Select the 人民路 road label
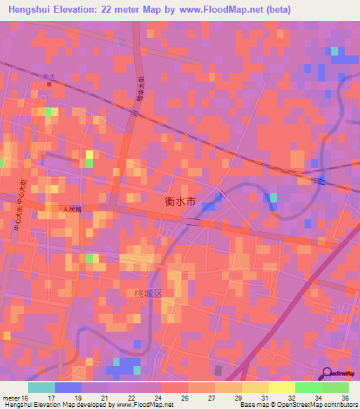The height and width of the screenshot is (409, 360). (x=71, y=209)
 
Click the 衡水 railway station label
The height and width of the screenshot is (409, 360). (x=49, y=77)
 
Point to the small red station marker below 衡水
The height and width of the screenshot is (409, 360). (x=49, y=84)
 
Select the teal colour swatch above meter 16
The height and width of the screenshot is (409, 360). (x=41, y=387)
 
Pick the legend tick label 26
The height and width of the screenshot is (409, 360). (x=185, y=398)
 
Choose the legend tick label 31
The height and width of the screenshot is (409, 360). (x=264, y=398)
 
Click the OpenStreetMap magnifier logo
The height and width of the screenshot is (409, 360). (x=328, y=375)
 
